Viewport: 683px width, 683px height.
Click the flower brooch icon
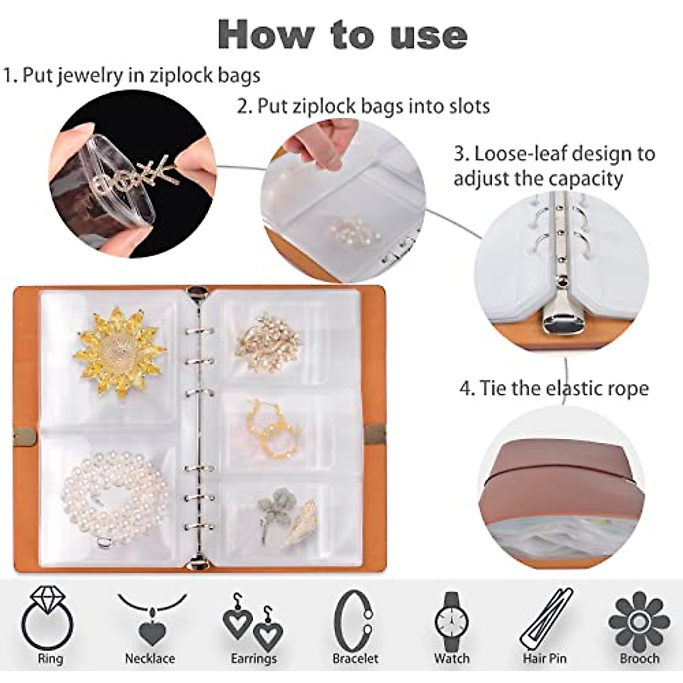click(x=639, y=620)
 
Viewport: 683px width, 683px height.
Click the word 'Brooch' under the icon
click(x=639, y=659)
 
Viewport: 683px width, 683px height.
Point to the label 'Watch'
click(x=452, y=659)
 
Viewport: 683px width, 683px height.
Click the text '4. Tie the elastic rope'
click(x=554, y=389)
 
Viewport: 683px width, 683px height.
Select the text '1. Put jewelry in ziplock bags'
click(x=131, y=75)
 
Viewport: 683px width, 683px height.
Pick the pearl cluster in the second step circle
click(x=347, y=231)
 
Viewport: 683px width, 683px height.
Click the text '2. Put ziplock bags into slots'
click(x=363, y=106)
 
